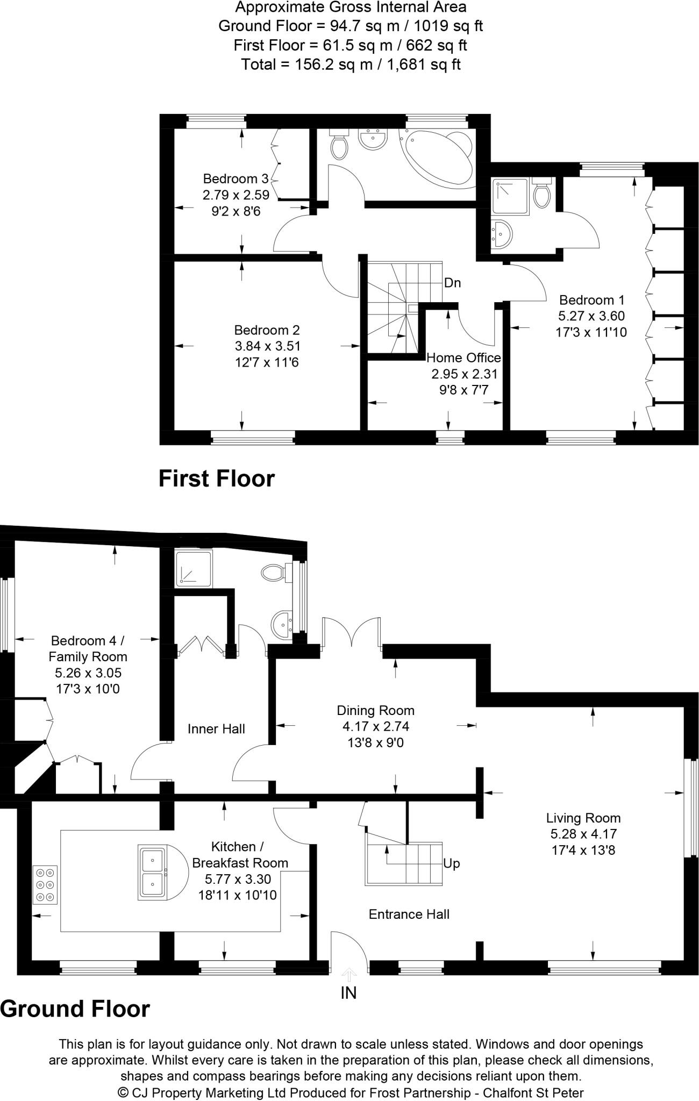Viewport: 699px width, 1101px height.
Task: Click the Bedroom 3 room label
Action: [236, 179]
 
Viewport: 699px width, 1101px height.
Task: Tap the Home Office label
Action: [463, 358]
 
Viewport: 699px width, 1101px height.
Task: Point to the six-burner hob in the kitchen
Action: [45, 884]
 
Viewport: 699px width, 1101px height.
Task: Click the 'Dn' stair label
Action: [453, 283]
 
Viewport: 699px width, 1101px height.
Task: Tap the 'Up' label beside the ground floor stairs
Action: [452, 863]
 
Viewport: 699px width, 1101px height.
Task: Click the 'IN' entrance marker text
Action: [348, 992]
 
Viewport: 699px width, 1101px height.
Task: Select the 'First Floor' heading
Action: [216, 478]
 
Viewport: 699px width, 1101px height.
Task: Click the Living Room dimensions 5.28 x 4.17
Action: [583, 834]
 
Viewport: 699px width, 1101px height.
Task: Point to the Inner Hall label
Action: [216, 728]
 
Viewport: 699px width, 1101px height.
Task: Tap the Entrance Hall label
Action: [409, 914]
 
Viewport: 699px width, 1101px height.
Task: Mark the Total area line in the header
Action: [351, 65]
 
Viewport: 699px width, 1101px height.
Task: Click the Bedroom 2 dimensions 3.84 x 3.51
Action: [267, 346]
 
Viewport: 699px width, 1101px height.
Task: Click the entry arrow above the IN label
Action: [349, 974]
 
